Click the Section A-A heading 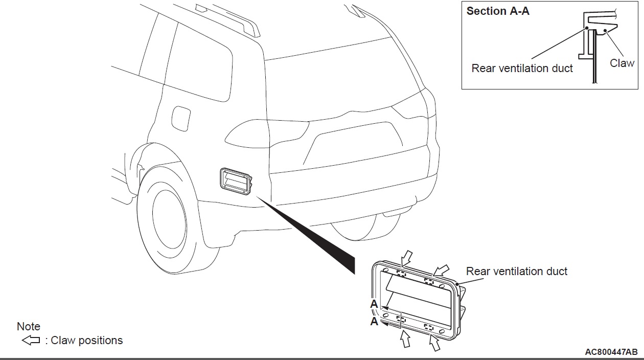click(x=498, y=11)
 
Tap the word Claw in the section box click(x=622, y=63)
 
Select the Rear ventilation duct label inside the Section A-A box click(x=522, y=69)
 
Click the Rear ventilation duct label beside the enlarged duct click(x=517, y=272)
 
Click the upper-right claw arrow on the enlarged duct click(x=441, y=270)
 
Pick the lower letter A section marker click(x=374, y=322)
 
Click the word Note click(x=29, y=326)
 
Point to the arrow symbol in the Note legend click(x=31, y=340)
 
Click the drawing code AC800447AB click(x=611, y=352)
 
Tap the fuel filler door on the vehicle click(x=180, y=118)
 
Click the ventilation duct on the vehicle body click(x=235, y=181)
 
